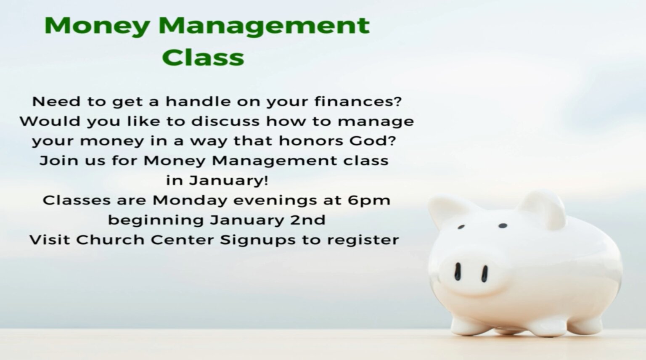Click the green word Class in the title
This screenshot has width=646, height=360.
(203, 57)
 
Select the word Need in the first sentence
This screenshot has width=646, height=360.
(56, 101)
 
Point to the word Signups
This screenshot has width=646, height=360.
(258, 240)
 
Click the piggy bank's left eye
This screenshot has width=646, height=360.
(461, 227)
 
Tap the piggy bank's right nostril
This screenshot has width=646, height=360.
(484, 274)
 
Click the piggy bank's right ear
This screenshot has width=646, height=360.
(542, 208)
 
